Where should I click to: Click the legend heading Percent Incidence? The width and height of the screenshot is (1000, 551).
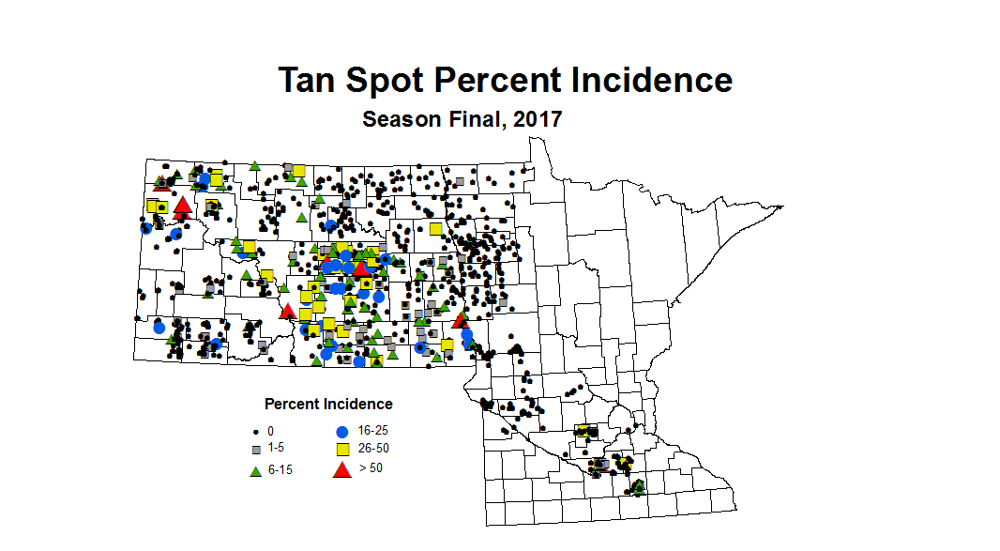click(x=328, y=405)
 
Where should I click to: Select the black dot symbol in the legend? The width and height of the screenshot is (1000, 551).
click(x=255, y=432)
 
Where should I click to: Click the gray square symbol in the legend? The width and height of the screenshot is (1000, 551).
click(x=255, y=450)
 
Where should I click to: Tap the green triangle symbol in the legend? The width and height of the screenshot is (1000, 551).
click(x=255, y=470)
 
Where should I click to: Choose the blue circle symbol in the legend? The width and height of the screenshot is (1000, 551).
click(x=342, y=432)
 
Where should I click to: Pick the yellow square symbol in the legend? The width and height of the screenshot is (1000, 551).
click(x=342, y=449)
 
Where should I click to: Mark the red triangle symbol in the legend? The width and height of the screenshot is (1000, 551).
click(x=342, y=468)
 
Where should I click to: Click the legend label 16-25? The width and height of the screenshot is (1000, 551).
click(x=373, y=431)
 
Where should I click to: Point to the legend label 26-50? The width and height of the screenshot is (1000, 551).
click(x=373, y=449)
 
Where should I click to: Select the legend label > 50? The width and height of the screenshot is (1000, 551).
click(x=370, y=467)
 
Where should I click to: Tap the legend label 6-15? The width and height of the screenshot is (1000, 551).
click(x=280, y=469)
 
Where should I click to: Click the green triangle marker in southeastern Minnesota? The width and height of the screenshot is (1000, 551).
click(x=639, y=486)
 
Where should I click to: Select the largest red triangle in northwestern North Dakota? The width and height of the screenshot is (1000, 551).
click(x=182, y=207)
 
